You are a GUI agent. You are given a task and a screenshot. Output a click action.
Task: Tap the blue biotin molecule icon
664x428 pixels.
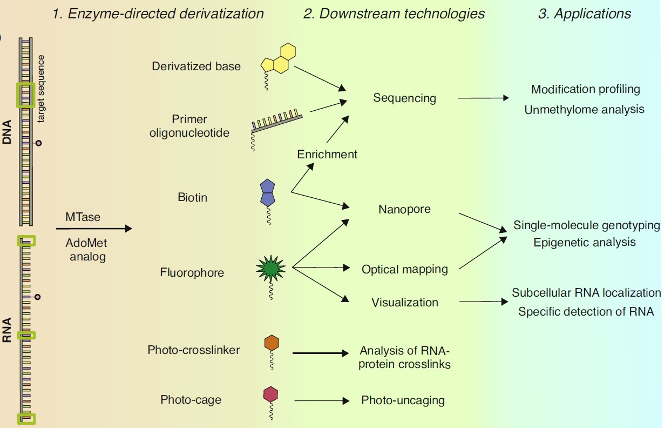coord(268,193)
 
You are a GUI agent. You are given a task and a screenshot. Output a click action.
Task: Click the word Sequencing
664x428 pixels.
coord(404,98)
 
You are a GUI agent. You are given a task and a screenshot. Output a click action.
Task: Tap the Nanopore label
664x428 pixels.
coord(404,209)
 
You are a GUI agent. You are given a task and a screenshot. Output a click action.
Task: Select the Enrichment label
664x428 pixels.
coord(327,154)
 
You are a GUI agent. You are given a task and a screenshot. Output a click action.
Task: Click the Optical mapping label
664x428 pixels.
coord(405,269)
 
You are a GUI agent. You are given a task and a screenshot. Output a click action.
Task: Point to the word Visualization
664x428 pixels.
coord(405,302)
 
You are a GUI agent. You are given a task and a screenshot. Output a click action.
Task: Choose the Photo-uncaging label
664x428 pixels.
coord(403,400)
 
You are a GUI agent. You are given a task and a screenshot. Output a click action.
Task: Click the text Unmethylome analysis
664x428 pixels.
coord(584,109)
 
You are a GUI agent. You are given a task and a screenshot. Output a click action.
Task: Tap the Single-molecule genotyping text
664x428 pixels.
coord(586,225)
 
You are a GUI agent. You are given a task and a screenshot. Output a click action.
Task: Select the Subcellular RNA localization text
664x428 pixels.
coord(586,292)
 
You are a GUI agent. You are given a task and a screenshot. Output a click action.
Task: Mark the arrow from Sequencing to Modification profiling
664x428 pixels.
coord(483,98)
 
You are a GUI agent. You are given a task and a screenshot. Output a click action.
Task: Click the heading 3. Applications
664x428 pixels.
coord(585,14)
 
